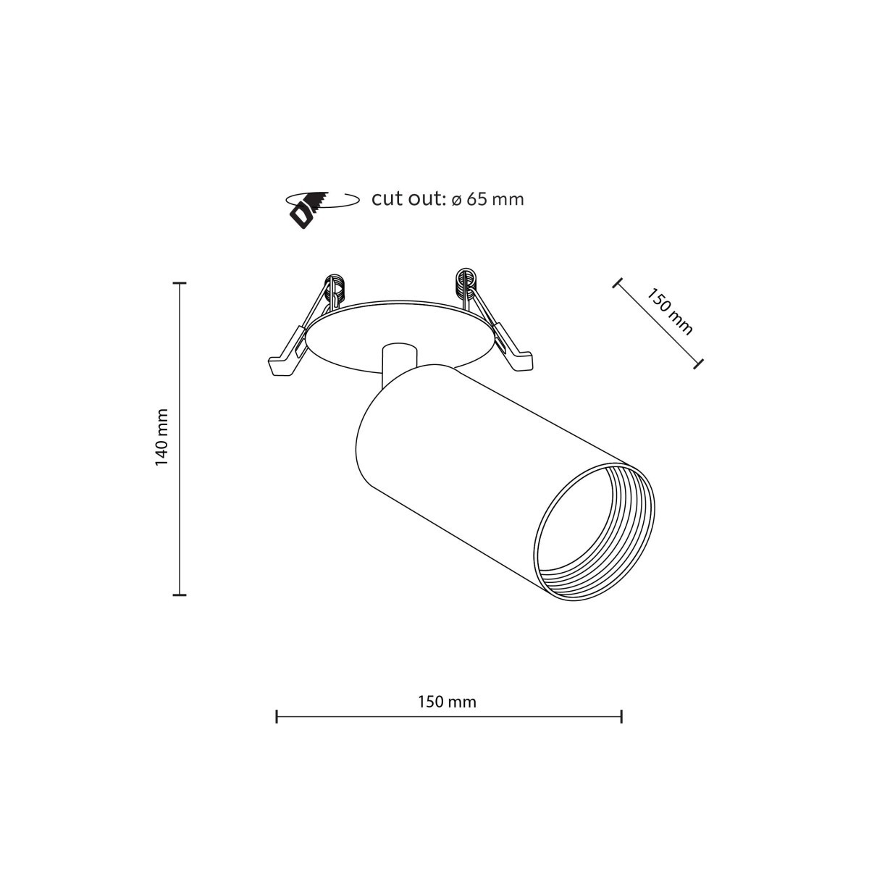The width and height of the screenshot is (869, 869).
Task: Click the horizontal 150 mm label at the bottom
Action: (447, 701)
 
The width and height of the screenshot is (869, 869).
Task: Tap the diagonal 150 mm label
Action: (670, 311)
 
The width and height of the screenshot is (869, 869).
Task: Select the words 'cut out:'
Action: (408, 198)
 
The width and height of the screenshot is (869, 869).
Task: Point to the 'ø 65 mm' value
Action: (487, 199)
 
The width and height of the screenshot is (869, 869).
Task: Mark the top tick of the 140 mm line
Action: (180, 283)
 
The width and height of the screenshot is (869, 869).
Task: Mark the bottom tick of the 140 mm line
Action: (180, 595)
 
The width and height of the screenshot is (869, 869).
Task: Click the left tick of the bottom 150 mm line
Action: (277, 717)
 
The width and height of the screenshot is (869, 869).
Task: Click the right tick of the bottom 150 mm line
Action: (622, 717)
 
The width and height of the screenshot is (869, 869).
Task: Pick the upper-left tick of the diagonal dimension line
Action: (617, 283)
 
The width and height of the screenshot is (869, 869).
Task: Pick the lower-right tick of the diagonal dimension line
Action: (698, 363)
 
